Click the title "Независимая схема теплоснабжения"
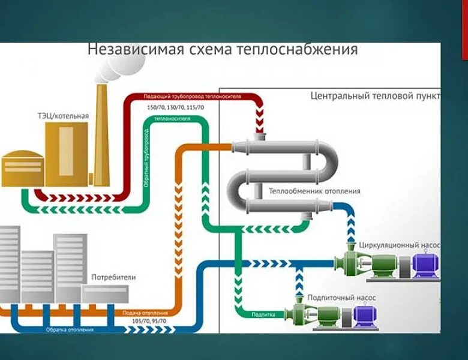pyautogui.click(x=223, y=49)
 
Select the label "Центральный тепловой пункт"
pyautogui.click(x=375, y=95)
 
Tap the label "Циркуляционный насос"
pyautogui.click(x=399, y=245)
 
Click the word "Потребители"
pyautogui.click(x=113, y=277)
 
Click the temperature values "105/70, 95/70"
pyautogui.click(x=153, y=321)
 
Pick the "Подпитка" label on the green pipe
pyautogui.click(x=263, y=314)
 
